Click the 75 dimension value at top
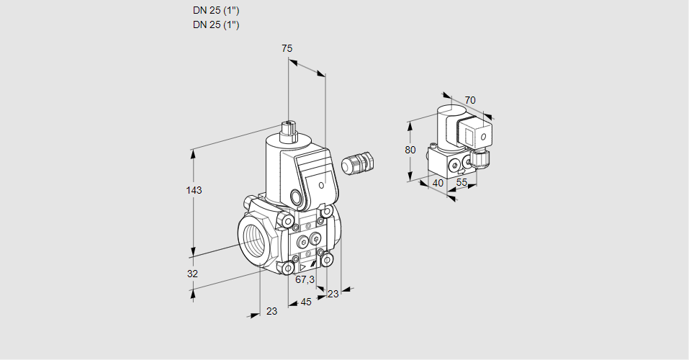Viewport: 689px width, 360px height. [x=287, y=48]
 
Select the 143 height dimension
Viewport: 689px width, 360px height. [x=194, y=190]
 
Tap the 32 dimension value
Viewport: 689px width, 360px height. [x=192, y=274]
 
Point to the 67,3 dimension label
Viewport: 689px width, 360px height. [x=305, y=279]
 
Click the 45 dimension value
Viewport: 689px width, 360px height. [x=306, y=302]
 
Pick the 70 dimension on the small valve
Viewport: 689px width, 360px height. [x=469, y=100]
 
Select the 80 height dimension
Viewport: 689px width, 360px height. [x=410, y=150]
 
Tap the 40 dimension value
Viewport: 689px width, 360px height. [x=437, y=183]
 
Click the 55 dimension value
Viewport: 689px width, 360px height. [x=462, y=183]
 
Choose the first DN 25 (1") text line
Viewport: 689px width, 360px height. [x=216, y=11]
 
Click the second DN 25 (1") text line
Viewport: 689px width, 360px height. [x=216, y=24]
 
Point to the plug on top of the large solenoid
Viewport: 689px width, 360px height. [x=289, y=130]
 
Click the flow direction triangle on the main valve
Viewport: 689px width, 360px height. [x=302, y=267]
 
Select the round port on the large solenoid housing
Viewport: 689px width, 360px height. [x=297, y=196]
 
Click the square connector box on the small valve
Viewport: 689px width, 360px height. [x=475, y=134]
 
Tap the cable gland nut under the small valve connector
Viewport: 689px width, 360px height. [x=481, y=155]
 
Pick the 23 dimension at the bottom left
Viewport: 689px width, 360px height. [x=271, y=311]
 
